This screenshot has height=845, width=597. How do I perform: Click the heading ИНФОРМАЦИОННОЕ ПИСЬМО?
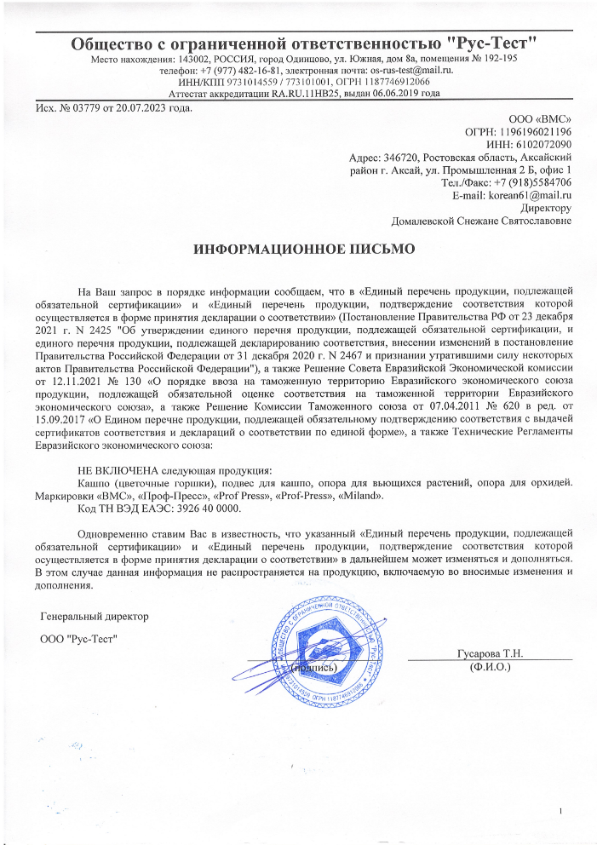pyautogui.click(x=304, y=250)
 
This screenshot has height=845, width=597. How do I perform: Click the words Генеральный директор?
pyautogui.click(x=95, y=616)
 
